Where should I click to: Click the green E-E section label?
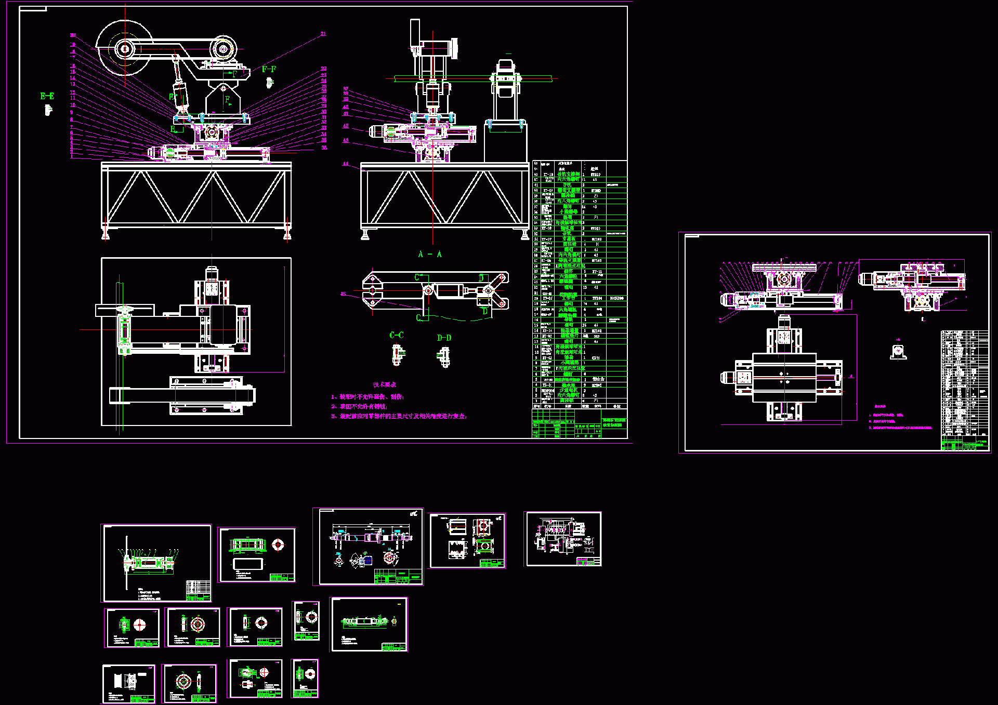47,96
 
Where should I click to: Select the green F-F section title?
269,69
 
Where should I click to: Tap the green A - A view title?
430,254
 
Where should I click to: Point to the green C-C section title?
397,335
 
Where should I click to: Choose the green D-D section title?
444,338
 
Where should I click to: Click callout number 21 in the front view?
323,34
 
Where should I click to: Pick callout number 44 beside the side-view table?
345,164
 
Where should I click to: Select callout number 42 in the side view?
345,126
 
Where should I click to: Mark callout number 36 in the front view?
324,148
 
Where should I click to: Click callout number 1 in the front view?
72,156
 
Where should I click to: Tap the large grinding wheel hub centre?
125,49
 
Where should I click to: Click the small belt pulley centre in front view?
223,49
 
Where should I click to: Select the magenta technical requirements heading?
385,385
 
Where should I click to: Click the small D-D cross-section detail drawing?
444,356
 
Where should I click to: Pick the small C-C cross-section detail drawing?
397,355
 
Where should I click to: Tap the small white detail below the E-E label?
48,110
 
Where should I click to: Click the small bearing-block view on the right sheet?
898,352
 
